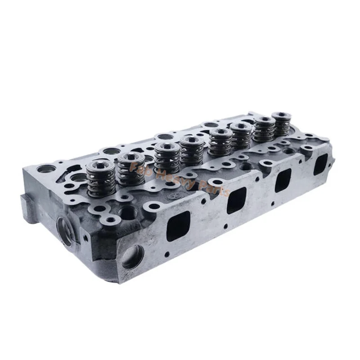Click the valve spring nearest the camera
click(102, 178)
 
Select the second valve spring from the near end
click(131, 169)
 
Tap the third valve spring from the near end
click(166, 158)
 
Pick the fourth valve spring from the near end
click(192, 151)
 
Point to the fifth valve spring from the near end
click(220, 142)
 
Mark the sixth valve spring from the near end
click(242, 135)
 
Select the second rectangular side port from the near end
click(236, 200)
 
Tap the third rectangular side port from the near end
click(284, 180)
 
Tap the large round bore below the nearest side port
click(132, 257)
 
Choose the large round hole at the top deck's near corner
click(47, 169)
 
